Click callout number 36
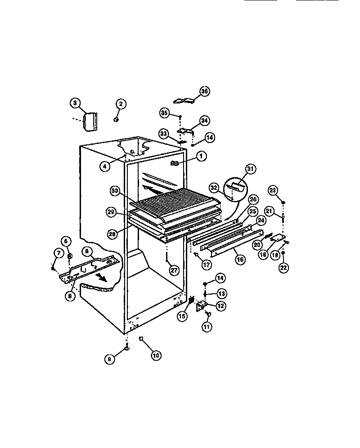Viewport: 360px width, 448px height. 205,91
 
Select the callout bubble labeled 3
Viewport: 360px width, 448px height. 76,103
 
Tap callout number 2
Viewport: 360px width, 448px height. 120,104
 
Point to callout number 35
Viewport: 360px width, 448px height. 164,113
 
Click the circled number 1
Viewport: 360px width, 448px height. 201,156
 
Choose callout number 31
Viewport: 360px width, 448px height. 251,169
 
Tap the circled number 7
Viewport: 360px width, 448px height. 58,253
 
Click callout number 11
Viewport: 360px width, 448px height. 206,327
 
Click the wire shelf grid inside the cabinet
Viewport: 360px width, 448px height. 175,198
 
